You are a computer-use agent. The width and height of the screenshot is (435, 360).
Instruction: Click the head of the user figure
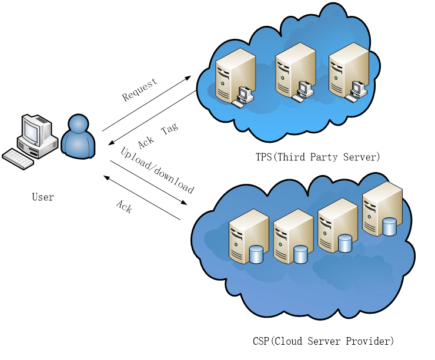[x=78, y=124]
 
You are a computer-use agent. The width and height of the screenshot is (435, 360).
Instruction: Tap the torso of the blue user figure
[x=78, y=145]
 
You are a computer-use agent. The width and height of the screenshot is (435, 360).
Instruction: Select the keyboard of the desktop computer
[x=18, y=159]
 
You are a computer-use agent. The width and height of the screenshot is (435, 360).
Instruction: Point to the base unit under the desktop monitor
[x=38, y=147]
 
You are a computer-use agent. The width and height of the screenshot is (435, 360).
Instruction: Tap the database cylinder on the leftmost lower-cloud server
[x=256, y=254]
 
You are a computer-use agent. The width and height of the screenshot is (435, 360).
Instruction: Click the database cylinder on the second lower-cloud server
[x=300, y=254]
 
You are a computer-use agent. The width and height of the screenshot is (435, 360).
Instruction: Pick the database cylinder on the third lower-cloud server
[x=345, y=243]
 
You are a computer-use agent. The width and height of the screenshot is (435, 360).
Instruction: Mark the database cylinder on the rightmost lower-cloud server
[x=389, y=227]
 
